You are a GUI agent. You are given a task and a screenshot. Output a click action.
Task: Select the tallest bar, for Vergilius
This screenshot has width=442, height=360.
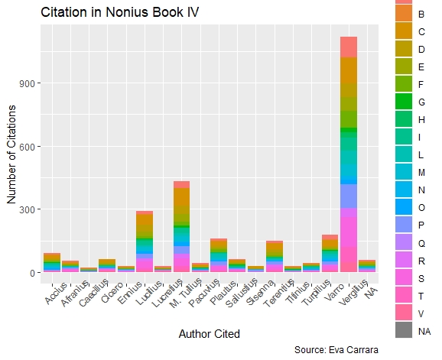pyautogui.click(x=349, y=153)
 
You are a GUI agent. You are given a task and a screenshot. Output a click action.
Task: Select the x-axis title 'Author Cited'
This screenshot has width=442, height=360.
pyautogui.click(x=209, y=334)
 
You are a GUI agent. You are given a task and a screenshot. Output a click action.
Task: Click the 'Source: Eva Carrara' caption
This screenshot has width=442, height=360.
pyautogui.click(x=336, y=350)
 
